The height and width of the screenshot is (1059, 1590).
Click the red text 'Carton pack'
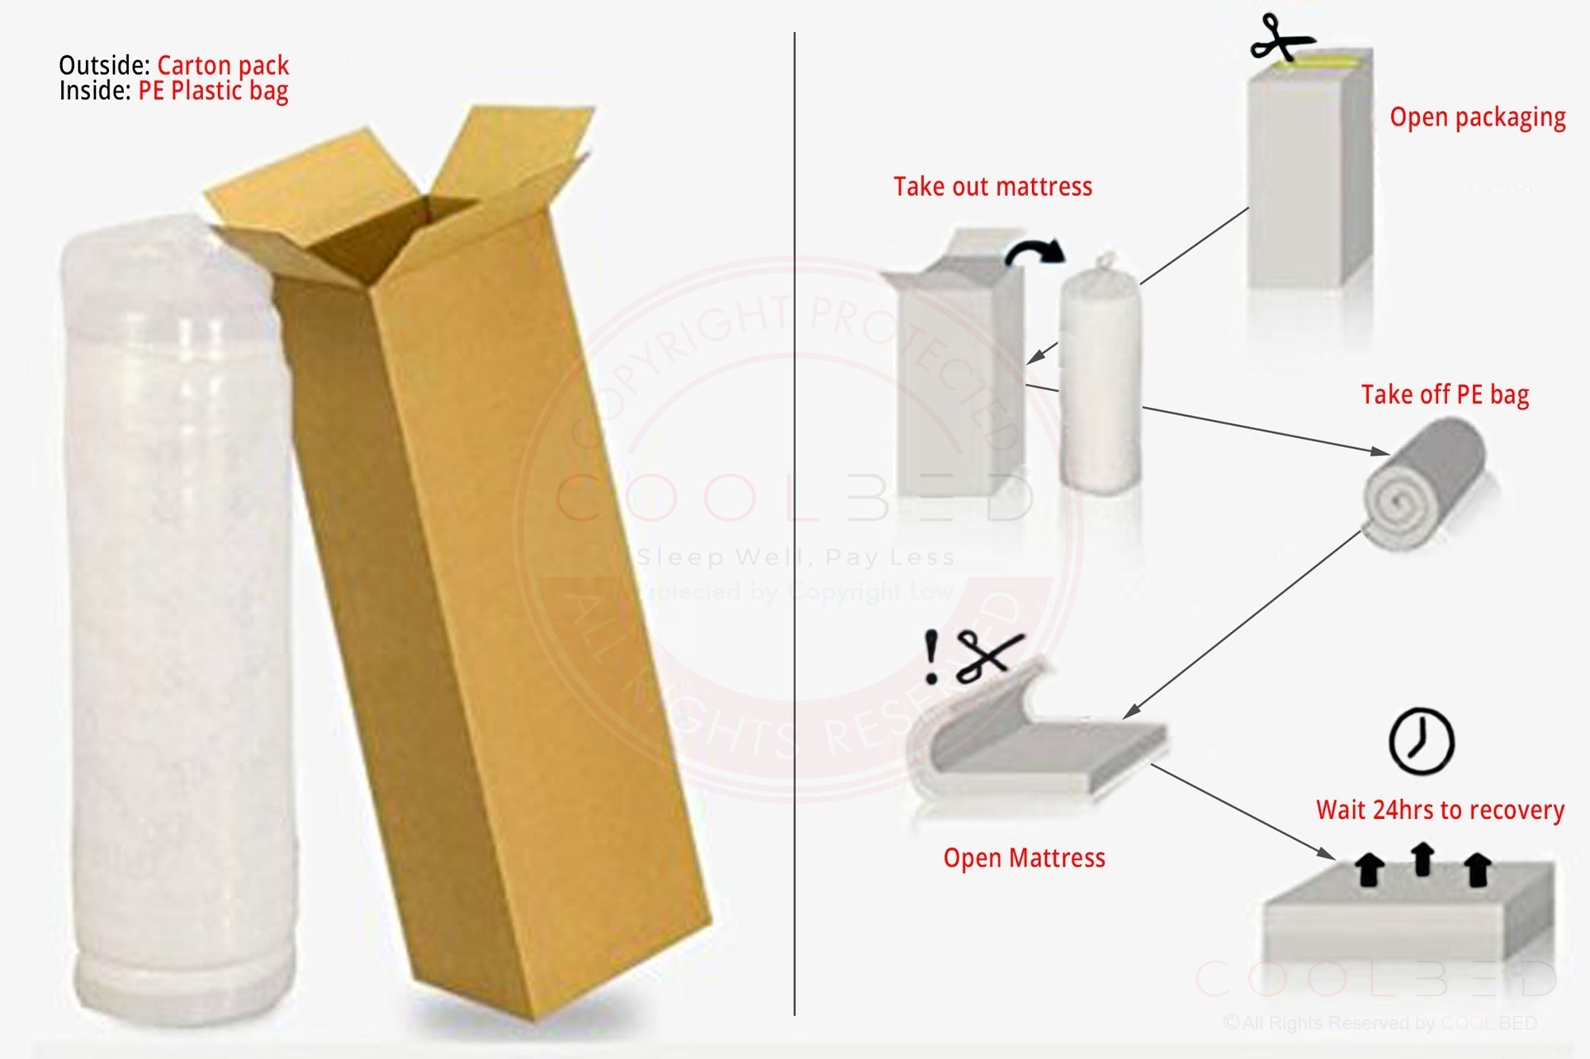(x=223, y=65)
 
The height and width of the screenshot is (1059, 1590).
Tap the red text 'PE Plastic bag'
(x=213, y=91)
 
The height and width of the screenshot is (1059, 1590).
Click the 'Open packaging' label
(x=1477, y=118)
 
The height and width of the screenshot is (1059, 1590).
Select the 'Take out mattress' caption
(x=992, y=187)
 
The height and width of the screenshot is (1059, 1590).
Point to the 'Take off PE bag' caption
(x=1445, y=394)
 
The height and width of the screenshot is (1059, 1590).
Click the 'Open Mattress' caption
(x=1024, y=858)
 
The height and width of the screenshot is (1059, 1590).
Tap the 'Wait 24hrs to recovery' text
(x=1440, y=810)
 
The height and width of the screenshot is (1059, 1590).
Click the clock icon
(x=1421, y=741)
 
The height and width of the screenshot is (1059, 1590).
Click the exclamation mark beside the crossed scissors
(x=931, y=657)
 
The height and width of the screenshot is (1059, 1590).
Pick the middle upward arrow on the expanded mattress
(x=1422, y=859)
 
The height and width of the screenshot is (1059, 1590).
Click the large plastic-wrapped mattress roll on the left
(x=179, y=620)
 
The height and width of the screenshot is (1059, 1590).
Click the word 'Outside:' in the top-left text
(x=104, y=65)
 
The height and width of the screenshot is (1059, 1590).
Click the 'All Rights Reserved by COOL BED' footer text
(x=1379, y=1023)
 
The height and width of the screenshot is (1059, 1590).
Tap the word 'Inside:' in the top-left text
(x=95, y=91)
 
